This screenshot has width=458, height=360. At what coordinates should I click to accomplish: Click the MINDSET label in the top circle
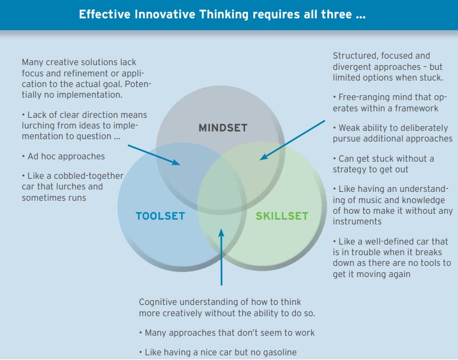[x=223, y=128]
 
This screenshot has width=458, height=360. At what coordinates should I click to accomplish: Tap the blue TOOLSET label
[x=160, y=216]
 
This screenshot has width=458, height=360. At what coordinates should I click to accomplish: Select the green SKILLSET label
[x=282, y=216]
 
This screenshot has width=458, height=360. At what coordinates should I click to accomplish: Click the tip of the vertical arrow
[x=221, y=229]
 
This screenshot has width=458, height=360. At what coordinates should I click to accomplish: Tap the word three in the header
[x=337, y=14]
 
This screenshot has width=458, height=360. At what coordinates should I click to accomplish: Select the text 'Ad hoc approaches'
[x=66, y=156]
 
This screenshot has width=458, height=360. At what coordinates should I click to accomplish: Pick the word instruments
[x=357, y=221]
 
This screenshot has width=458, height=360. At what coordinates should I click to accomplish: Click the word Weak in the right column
[x=349, y=128]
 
